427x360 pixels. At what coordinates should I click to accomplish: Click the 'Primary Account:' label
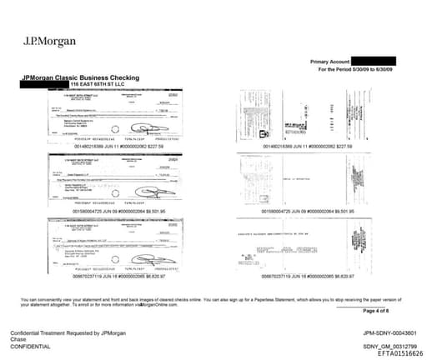pyautogui.click(x=330, y=62)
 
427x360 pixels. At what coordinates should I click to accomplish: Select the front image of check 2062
pyautogui.click(x=118, y=117)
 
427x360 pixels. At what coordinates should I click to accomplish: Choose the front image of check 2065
pyautogui.click(x=118, y=242)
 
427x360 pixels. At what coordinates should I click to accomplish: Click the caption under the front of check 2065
pyautogui.click(x=118, y=276)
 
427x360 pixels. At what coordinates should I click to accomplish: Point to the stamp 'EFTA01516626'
pyautogui.click(x=389, y=353)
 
